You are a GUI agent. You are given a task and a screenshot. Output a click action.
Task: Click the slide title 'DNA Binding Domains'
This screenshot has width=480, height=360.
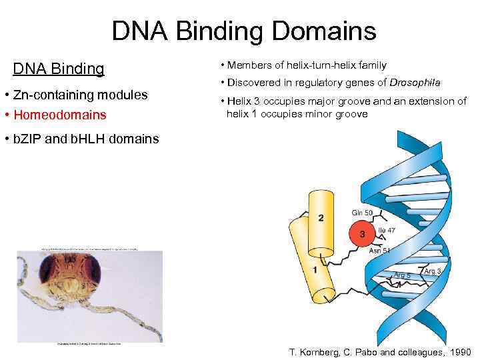(244, 31)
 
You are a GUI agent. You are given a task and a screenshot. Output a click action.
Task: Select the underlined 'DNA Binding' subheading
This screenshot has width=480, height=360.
(59, 69)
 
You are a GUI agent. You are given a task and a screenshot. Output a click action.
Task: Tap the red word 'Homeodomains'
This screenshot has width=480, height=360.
(60, 115)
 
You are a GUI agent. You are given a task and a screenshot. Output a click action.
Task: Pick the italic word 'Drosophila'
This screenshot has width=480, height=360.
(415, 83)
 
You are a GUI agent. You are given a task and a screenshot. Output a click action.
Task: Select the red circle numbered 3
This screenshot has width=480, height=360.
(362, 234)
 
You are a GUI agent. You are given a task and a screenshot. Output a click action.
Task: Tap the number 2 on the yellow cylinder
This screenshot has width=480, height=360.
(321, 217)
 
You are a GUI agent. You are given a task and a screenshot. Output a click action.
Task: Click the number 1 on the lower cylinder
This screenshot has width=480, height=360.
(315, 270)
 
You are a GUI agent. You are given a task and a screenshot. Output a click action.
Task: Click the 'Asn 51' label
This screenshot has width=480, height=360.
(379, 251)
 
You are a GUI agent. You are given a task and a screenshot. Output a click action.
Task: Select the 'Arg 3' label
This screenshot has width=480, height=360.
(432, 271)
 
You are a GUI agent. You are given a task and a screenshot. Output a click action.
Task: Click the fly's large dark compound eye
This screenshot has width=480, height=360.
(89, 271)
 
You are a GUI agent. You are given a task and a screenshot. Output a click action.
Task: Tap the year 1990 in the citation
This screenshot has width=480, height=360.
(459, 352)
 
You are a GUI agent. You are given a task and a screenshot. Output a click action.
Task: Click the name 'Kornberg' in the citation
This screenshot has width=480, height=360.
(318, 352)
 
